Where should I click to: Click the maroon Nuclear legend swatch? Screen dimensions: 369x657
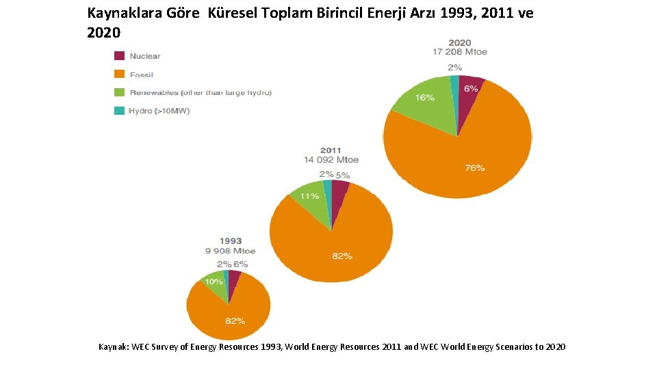point(119,56)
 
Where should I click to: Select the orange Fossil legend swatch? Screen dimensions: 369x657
point(119,74)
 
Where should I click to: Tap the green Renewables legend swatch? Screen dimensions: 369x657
point(119,92)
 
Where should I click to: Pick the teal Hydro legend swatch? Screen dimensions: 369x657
point(119,110)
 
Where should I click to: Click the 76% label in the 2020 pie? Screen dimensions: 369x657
point(475,168)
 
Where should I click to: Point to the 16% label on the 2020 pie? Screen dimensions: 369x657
point(424,98)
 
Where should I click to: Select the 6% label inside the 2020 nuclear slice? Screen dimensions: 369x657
point(470,89)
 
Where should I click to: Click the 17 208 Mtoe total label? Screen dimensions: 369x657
point(459,52)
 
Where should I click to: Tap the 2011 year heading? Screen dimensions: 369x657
point(331,150)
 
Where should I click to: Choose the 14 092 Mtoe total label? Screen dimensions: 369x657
point(331,160)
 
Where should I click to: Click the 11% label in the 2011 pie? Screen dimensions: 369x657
point(309,196)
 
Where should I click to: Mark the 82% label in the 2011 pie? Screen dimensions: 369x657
point(342,256)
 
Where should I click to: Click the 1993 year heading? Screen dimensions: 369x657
point(230,241)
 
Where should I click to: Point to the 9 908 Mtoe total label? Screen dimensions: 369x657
point(230,251)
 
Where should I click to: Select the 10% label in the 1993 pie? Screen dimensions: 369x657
point(214,282)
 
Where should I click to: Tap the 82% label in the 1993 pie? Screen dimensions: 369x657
point(235,321)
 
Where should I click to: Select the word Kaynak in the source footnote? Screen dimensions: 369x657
point(114,347)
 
